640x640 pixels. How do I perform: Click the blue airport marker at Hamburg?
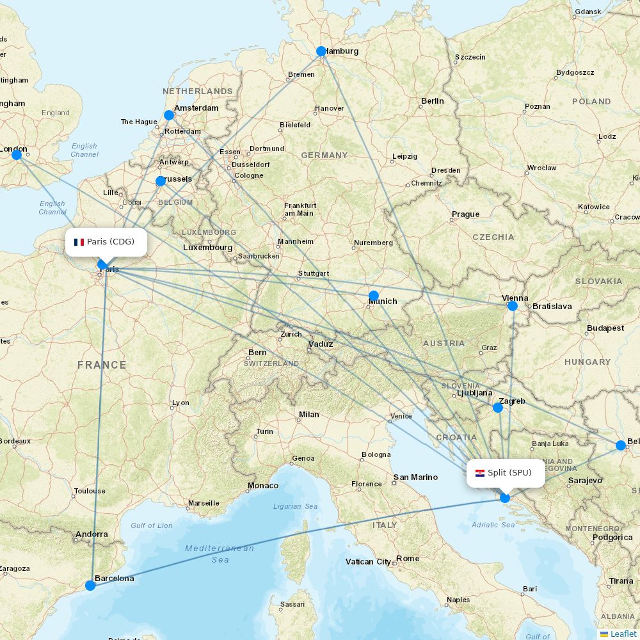click(x=321, y=51)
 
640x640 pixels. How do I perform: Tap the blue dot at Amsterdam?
click(x=169, y=115)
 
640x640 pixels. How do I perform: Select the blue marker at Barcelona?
click(x=90, y=585)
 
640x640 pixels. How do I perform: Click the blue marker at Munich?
click(x=374, y=296)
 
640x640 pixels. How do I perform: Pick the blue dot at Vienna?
click(x=513, y=306)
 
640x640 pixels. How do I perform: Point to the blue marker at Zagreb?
click(x=498, y=407)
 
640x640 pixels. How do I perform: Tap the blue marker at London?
click(x=17, y=155)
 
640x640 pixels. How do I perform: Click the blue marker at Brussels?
click(x=161, y=181)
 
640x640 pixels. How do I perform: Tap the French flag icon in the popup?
click(x=79, y=242)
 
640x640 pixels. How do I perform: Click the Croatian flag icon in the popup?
click(x=480, y=473)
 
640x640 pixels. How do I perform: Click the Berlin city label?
click(x=432, y=101)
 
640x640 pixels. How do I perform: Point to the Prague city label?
click(x=465, y=214)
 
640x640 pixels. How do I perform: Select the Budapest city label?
click(x=605, y=328)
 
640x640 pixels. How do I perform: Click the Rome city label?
click(x=408, y=559)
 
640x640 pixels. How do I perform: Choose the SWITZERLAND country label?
click(x=271, y=364)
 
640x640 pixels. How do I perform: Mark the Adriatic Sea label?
click(x=493, y=525)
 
